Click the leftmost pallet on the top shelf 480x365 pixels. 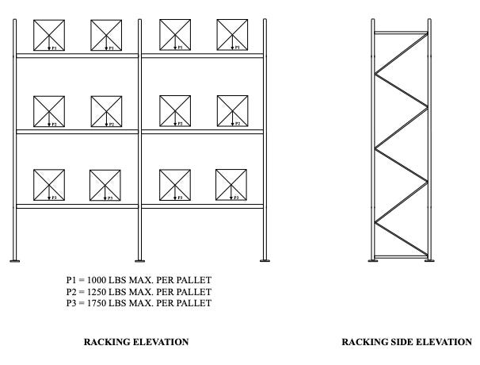(48, 35)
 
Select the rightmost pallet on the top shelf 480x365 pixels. (232, 35)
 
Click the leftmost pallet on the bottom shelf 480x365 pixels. (48, 184)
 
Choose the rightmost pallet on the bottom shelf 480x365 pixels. (230, 184)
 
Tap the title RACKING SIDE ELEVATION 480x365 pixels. (406, 342)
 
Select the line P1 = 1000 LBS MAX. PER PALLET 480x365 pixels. (139, 280)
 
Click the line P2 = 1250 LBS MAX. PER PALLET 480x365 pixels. (139, 291)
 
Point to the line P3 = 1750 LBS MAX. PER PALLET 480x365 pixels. (139, 302)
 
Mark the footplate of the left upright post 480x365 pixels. (15, 260)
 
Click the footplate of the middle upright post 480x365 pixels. (140, 260)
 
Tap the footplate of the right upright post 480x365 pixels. (265, 260)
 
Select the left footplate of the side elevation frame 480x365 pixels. (374, 260)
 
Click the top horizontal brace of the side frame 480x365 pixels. (402, 33)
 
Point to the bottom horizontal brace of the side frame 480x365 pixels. (402, 255)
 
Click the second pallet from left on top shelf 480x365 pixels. (105, 35)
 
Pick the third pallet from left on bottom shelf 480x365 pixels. (174, 184)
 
